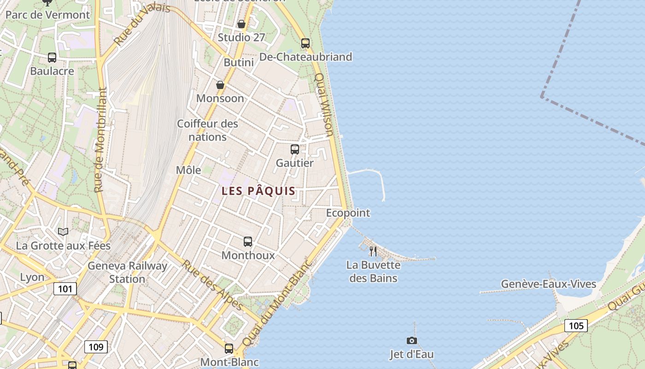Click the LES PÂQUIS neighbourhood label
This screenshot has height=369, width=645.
(258, 191)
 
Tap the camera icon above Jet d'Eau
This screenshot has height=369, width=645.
(412, 341)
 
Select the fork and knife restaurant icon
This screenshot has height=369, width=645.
(373, 251)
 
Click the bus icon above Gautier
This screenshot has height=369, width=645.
(295, 149)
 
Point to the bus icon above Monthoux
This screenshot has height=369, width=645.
(248, 242)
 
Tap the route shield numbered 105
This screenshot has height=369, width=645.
(576, 326)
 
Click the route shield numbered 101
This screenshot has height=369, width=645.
(65, 289)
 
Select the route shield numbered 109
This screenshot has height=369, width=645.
(96, 347)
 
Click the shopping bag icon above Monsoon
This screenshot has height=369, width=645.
(220, 85)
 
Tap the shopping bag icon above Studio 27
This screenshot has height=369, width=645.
(241, 24)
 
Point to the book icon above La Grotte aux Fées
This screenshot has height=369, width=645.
(63, 232)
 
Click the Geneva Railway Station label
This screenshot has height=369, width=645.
(127, 273)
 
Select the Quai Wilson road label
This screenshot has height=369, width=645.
(324, 105)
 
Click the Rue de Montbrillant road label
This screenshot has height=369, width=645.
(100, 140)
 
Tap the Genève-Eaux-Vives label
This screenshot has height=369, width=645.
(548, 284)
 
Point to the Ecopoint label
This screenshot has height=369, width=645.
(348, 213)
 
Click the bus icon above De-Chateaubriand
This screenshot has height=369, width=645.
(305, 43)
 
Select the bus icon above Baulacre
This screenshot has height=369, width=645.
(52, 58)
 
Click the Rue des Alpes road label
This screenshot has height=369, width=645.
(212, 285)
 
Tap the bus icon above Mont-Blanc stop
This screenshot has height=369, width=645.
(229, 349)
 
